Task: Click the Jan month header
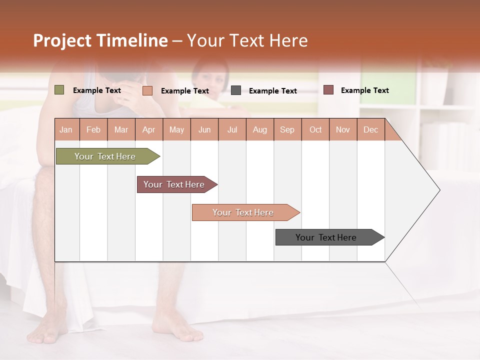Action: click(x=66, y=130)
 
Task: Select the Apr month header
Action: click(x=148, y=130)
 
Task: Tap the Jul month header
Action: click(x=232, y=130)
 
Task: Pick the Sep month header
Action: click(x=287, y=130)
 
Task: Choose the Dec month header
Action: click(x=370, y=130)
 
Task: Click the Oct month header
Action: click(x=315, y=130)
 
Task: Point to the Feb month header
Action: click(x=93, y=130)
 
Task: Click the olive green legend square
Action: click(x=59, y=90)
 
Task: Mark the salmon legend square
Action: click(x=147, y=90)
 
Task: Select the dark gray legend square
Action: click(x=236, y=90)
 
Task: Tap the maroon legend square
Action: click(x=328, y=90)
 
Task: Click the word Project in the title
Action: click(x=62, y=40)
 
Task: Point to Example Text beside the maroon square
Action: click(x=364, y=90)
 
